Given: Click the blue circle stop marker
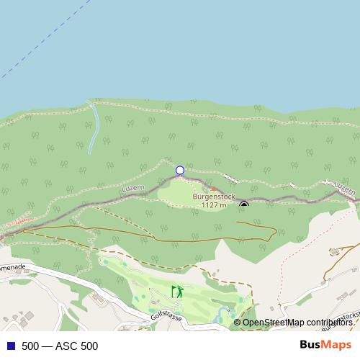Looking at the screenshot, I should tap(180, 171).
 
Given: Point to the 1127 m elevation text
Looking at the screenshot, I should tap(214, 204).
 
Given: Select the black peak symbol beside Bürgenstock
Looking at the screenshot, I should tap(244, 204).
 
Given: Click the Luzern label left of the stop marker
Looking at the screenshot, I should tap(134, 188).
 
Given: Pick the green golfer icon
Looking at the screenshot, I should tap(177, 292).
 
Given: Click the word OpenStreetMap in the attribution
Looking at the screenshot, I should tap(274, 323).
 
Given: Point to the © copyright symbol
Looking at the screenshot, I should tap(237, 323).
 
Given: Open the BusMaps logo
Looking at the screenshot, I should tap(325, 345).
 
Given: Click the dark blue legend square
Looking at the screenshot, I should tap(10, 346).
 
